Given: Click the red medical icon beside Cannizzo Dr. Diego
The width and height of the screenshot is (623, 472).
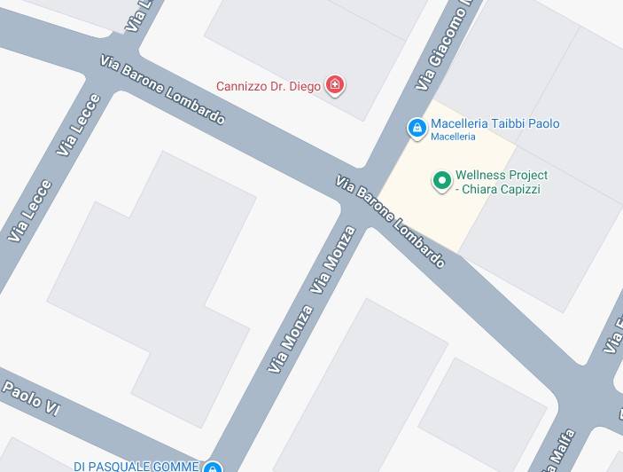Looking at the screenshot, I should click(x=335, y=86).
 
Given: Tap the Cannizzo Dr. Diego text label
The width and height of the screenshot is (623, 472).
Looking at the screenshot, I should click(x=269, y=87).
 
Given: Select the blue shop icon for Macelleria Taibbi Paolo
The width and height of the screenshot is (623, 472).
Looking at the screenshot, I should click(x=417, y=129).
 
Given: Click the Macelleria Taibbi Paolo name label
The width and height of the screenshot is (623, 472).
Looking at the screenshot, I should click(x=495, y=124).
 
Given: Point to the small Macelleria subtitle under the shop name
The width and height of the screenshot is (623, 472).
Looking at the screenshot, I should click(x=453, y=138).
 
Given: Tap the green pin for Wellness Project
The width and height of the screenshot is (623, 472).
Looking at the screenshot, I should click(x=441, y=181).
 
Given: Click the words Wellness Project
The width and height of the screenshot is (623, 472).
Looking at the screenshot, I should click(x=501, y=176).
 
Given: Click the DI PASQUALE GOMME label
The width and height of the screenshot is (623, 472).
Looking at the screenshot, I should click(x=136, y=466).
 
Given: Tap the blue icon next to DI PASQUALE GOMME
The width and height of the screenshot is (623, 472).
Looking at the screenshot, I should click(x=212, y=467).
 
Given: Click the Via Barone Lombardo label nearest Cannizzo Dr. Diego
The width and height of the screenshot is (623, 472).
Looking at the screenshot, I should click(x=162, y=90).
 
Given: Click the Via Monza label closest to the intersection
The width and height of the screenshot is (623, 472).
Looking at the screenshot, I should click(x=333, y=260).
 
